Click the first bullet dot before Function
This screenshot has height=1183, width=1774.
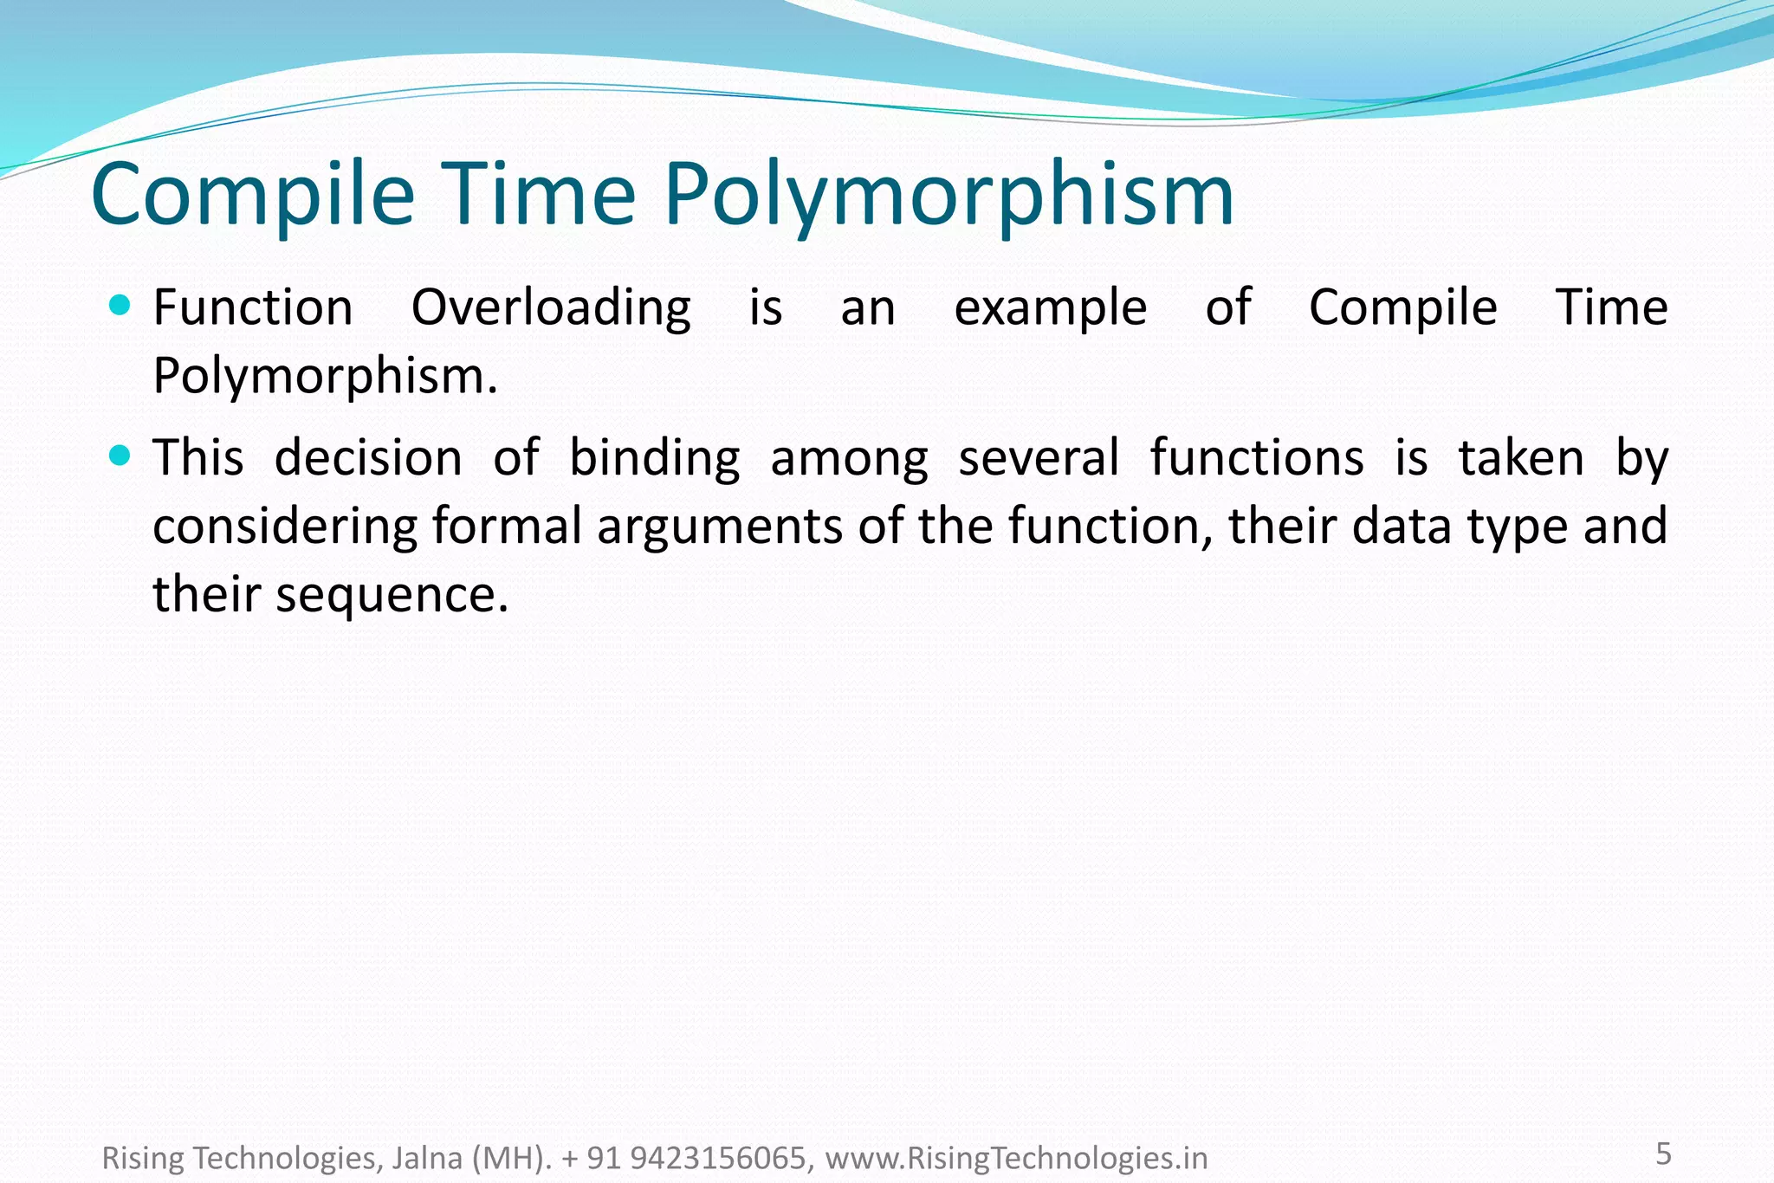pyautogui.click(x=121, y=305)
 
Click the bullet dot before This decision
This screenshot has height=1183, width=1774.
pyautogui.click(x=121, y=455)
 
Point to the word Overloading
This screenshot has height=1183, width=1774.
pyautogui.click(x=551, y=309)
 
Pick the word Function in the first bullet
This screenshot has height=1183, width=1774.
pyautogui.click(x=253, y=307)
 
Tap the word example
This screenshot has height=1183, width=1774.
pyautogui.click(x=1051, y=309)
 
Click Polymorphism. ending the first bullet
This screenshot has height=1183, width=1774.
pyautogui.click(x=325, y=378)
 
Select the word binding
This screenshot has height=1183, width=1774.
pyautogui.click(x=654, y=459)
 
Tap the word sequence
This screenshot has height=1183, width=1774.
pyautogui.click(x=392, y=596)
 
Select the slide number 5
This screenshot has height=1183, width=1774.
pyautogui.click(x=1663, y=1154)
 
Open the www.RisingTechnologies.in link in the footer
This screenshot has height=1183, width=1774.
pyautogui.click(x=1016, y=1158)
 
